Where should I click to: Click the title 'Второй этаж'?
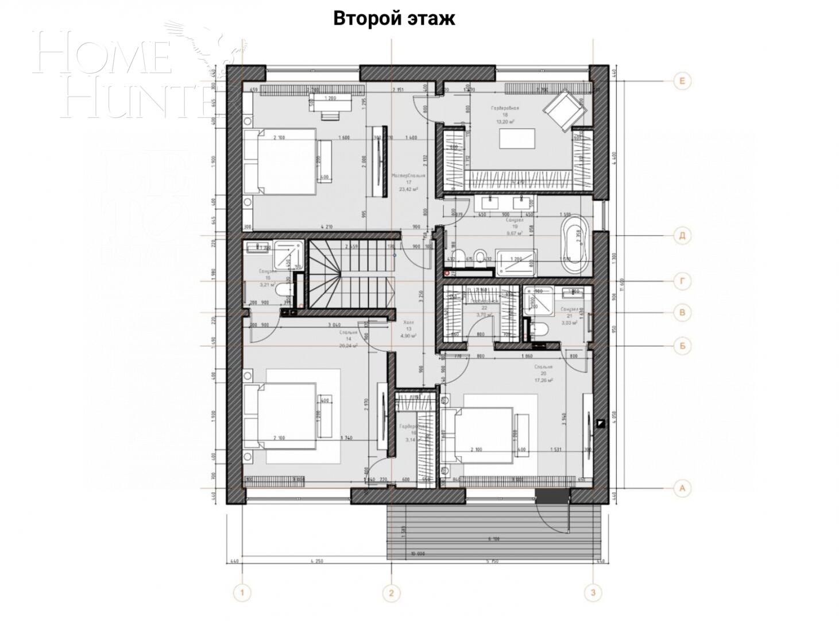click(394, 18)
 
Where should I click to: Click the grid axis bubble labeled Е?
click(682, 81)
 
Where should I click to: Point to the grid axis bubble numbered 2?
click(391, 592)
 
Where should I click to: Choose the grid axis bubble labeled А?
click(682, 488)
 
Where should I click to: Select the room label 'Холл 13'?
click(408, 325)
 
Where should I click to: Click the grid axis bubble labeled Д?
click(682, 235)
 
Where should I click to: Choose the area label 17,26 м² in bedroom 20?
click(543, 381)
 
